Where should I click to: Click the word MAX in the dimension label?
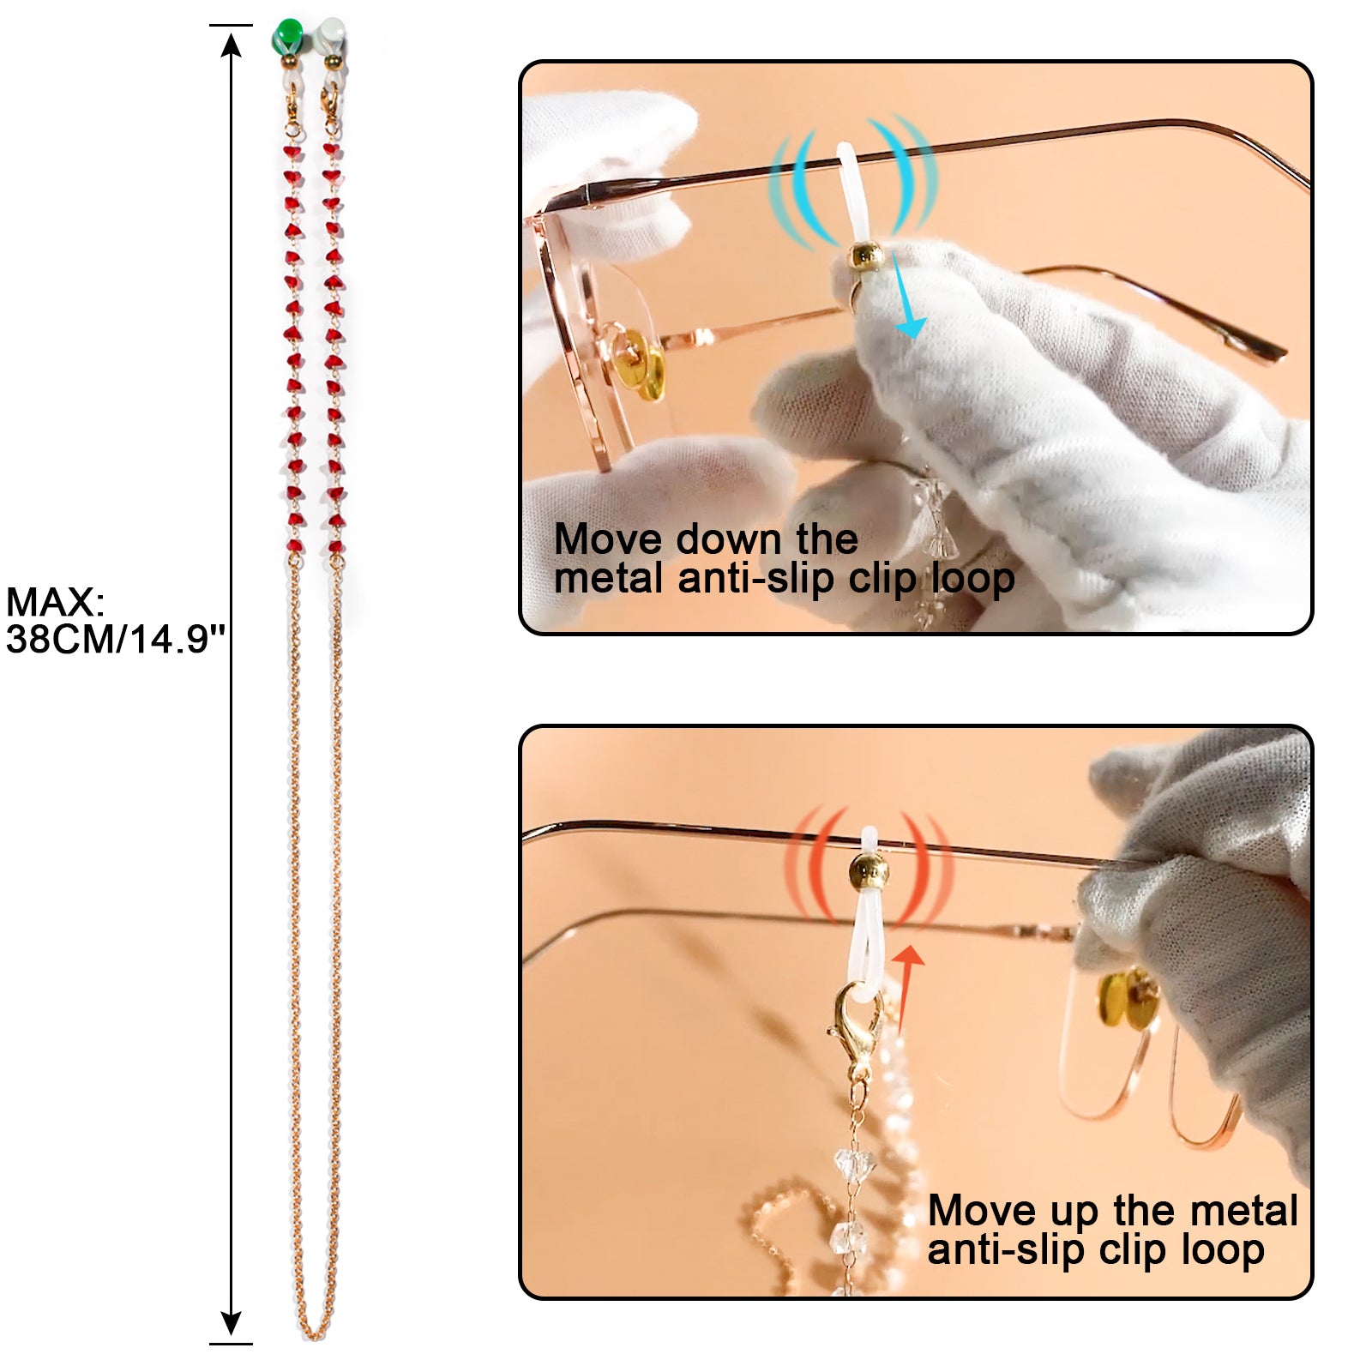tap(53, 603)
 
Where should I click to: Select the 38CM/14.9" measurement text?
tap(115, 640)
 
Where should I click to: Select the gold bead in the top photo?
tap(865, 256)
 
